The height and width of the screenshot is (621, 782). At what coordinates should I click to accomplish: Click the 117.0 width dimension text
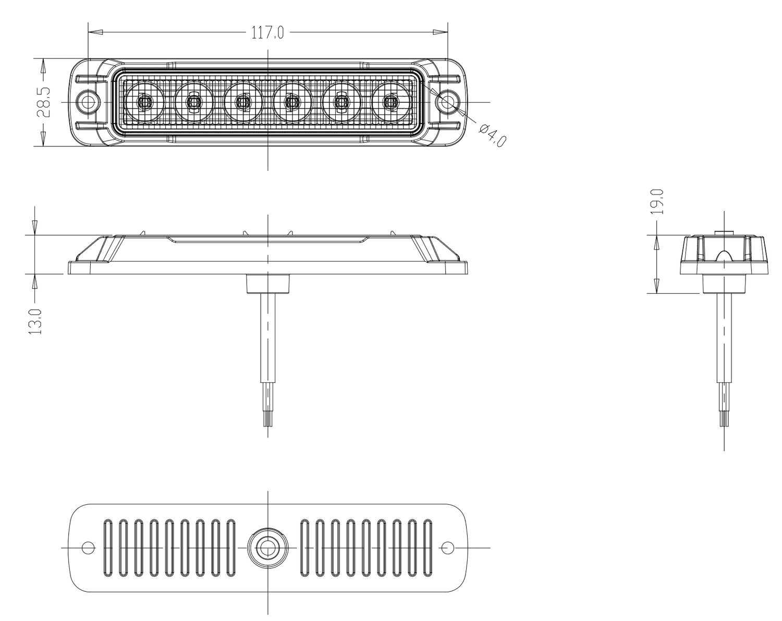267,33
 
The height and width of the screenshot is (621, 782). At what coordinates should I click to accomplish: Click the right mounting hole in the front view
447,101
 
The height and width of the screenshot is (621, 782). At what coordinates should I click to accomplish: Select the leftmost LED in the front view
144,102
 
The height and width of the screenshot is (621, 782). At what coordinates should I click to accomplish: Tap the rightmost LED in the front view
390,102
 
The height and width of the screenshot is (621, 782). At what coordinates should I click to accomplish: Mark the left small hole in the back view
88,548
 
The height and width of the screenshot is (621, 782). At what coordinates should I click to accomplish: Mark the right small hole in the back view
447,548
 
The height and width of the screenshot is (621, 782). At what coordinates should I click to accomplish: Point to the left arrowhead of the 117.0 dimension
94,32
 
